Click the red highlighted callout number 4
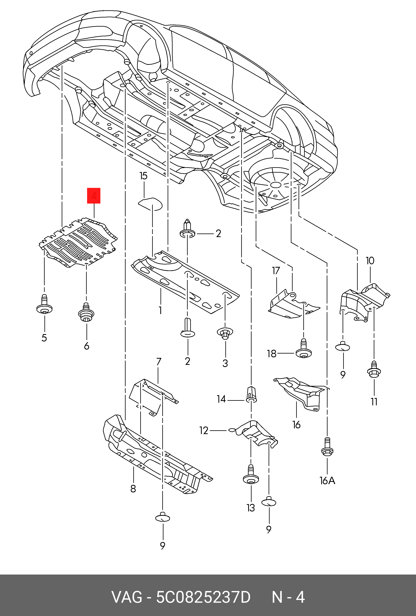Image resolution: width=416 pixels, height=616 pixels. click(x=94, y=196)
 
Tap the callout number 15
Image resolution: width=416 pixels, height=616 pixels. click(x=143, y=176)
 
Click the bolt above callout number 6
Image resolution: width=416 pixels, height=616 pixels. click(x=86, y=312)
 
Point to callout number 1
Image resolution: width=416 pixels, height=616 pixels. click(x=160, y=310)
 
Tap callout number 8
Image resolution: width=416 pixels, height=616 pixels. click(x=133, y=488)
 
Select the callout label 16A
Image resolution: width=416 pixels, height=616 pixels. click(x=328, y=480)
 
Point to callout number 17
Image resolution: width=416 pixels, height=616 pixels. click(x=276, y=271)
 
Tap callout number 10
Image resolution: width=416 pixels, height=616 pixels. click(x=370, y=261)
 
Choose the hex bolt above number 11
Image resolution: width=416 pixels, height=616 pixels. click(x=374, y=369)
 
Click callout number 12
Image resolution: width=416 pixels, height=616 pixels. click(x=204, y=431)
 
